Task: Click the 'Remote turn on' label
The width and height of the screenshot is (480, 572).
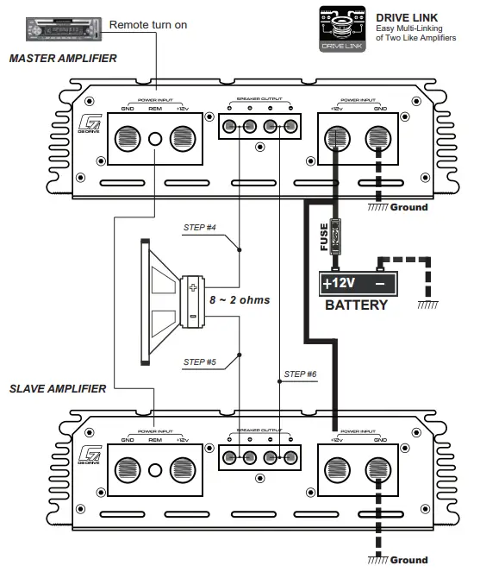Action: [x=147, y=25]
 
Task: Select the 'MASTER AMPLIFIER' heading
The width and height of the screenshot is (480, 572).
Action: [x=62, y=60]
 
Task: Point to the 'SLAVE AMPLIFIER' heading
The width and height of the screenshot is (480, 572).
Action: [x=58, y=388]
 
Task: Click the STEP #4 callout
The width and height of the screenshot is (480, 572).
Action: [x=199, y=228]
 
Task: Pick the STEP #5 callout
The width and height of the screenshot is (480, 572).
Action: [x=199, y=361]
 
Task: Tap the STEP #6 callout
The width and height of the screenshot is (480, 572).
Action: [x=300, y=374]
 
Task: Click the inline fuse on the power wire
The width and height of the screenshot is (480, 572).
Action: [x=338, y=235]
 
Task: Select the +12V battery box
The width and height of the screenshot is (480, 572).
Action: [x=358, y=283]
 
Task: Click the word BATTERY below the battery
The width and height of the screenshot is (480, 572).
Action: [x=356, y=305]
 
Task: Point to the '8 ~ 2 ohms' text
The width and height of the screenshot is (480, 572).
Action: [x=240, y=300]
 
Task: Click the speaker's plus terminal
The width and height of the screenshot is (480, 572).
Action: [x=193, y=288]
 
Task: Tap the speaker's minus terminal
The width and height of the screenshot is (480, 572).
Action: [x=193, y=316]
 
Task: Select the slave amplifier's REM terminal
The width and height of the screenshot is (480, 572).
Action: [x=155, y=470]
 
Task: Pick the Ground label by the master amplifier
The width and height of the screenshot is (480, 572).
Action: [x=408, y=207]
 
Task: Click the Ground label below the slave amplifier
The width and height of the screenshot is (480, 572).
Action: [x=408, y=560]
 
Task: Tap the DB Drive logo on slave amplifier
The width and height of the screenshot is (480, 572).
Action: [x=88, y=456]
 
